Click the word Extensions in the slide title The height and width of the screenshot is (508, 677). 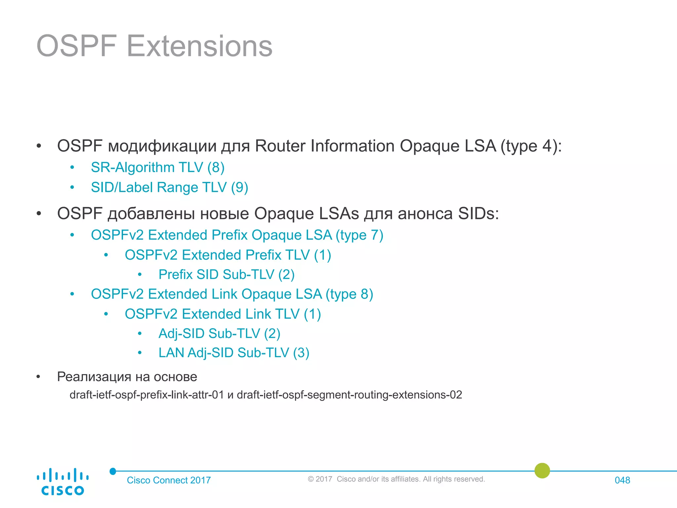199,46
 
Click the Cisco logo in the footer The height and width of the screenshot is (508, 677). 62,482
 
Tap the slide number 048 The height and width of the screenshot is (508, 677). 622,480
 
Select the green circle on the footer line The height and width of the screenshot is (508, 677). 542,470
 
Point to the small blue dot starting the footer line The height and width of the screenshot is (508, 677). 113,471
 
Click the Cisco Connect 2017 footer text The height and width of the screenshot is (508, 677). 169,480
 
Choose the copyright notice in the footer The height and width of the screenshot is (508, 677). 396,479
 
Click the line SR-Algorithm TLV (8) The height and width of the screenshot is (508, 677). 158,167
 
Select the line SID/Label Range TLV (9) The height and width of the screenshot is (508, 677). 169,188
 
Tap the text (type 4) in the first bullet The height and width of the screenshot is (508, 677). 531,146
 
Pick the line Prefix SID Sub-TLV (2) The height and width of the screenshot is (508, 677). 226,275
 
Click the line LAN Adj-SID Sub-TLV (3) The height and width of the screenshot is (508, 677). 234,353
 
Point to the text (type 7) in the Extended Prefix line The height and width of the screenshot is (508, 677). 359,235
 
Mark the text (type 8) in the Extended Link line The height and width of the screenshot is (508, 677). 349,294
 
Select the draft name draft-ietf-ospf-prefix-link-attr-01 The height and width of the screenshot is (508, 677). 147,395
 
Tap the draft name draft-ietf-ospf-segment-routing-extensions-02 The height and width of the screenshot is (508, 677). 349,395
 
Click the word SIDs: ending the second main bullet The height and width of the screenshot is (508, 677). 478,214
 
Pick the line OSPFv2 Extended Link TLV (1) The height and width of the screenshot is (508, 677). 222,314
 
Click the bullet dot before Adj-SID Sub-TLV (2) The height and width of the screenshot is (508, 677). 140,334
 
